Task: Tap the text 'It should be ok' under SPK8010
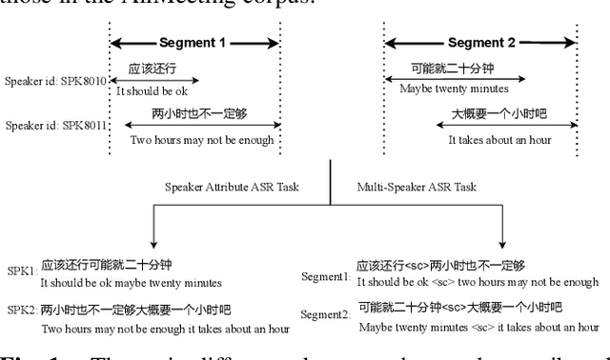pyautogui.click(x=152, y=91)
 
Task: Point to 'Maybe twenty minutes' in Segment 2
pyautogui.click(x=446, y=90)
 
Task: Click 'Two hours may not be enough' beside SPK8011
pyautogui.click(x=202, y=140)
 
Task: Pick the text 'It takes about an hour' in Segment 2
pyautogui.click(x=499, y=139)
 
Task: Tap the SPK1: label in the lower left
pyautogui.click(x=22, y=271)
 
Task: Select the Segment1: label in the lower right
pyautogui.click(x=326, y=276)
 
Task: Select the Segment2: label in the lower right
pyautogui.click(x=326, y=315)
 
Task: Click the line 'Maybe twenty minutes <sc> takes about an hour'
pyautogui.click(x=478, y=327)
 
